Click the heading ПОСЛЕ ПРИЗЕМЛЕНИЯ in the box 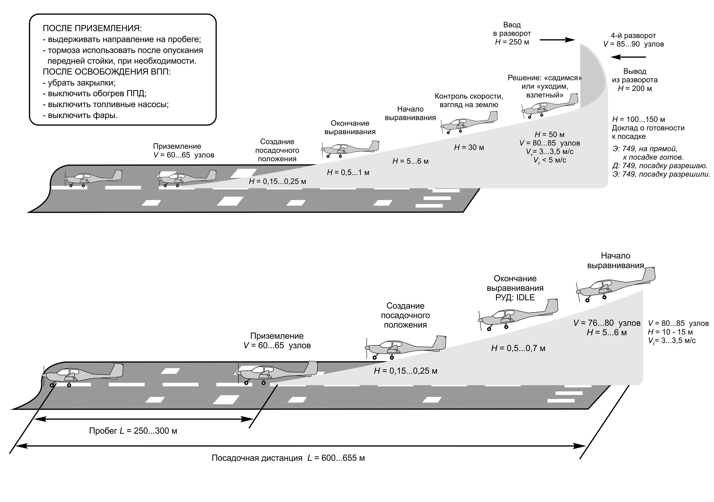[x=92, y=28]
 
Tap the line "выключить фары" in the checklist [x=80, y=116]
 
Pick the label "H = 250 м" [x=512, y=42]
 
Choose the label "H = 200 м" [x=635, y=89]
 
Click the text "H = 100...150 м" [x=638, y=119]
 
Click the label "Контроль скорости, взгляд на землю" [x=469, y=101]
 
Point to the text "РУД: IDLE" [x=515, y=297]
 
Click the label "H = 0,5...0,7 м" [x=518, y=348]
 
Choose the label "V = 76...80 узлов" [x=607, y=323]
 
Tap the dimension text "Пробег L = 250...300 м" [x=133, y=431]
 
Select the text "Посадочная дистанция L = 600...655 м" [x=288, y=458]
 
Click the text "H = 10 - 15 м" [x=670, y=332]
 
